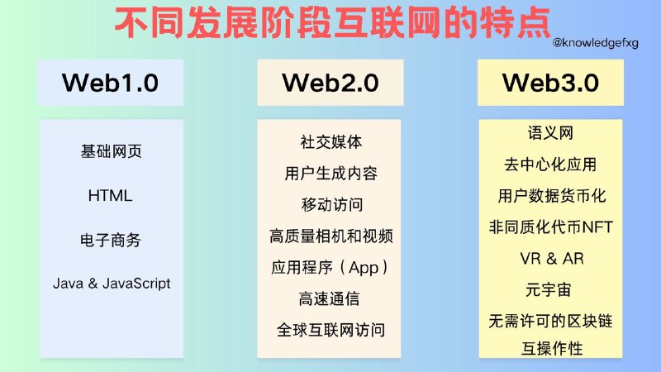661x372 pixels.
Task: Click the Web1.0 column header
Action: tap(111, 83)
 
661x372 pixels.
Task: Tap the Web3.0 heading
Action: tap(550, 83)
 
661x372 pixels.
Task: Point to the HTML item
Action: tap(110, 196)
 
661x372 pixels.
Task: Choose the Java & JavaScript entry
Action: tap(112, 283)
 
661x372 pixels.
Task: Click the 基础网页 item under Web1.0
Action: tap(111, 152)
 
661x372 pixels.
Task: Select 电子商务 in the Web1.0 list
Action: tap(111, 240)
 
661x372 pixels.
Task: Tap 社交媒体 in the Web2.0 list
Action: tap(330, 141)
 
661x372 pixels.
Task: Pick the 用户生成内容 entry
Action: tap(330, 173)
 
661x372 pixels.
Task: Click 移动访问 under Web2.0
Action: tap(330, 204)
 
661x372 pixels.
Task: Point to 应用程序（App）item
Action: tap(330, 268)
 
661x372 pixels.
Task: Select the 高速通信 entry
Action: tap(330, 298)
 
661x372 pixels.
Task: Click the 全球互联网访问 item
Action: tap(330, 331)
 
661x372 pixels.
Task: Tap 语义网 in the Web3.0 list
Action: tap(550, 133)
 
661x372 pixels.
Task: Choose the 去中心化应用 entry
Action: tap(550, 165)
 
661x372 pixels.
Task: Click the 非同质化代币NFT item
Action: tap(551, 227)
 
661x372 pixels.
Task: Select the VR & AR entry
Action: tap(551, 258)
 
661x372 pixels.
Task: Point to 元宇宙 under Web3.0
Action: tap(550, 289)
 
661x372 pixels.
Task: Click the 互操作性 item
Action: tap(550, 348)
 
